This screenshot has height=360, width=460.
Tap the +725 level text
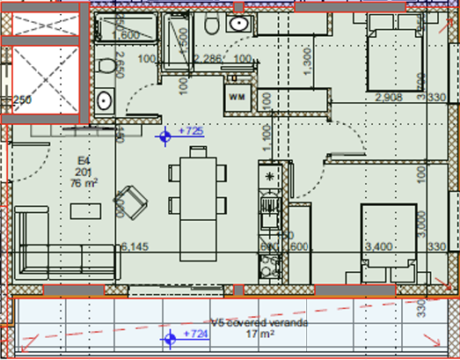(x=191, y=131)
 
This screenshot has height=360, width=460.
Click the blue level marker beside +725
(x=164, y=136)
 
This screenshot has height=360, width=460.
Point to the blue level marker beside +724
(x=168, y=338)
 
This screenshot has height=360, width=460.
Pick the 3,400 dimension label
(x=379, y=246)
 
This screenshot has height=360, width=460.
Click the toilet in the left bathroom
(x=106, y=66)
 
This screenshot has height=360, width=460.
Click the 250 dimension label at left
(x=22, y=99)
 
